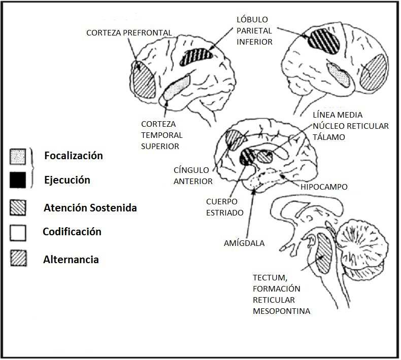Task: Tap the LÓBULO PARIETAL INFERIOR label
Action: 255,31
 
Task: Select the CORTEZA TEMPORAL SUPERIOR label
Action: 161,134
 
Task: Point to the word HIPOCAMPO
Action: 323,187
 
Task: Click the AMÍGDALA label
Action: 244,243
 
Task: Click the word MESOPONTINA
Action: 281,311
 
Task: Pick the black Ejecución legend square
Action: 18,180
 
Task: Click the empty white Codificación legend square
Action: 18,233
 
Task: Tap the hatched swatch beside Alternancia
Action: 18,259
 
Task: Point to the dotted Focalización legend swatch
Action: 18,157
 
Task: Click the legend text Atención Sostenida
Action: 90,208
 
